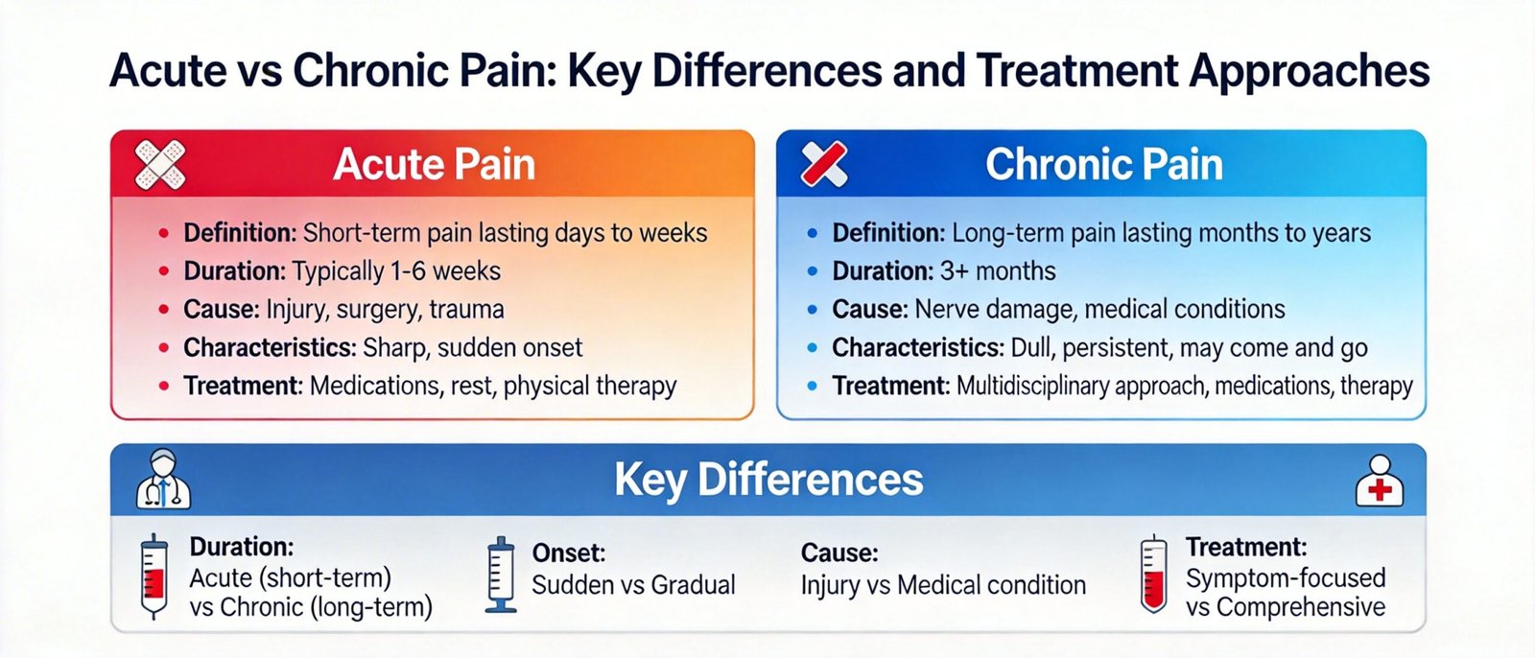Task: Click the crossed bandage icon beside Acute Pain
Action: click(x=160, y=165)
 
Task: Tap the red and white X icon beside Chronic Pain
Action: click(x=824, y=165)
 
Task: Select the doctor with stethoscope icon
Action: click(x=163, y=479)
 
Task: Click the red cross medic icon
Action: click(x=1380, y=482)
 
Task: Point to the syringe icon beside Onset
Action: click(x=501, y=575)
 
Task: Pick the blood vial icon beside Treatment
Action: click(x=1153, y=575)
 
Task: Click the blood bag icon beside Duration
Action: click(x=153, y=576)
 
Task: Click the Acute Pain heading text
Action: click(x=434, y=165)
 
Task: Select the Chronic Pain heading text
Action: click(x=1104, y=165)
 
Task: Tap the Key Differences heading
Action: click(x=768, y=479)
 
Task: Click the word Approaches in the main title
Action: click(x=1310, y=71)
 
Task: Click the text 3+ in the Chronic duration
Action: click(x=954, y=271)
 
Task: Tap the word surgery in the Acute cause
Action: click(x=375, y=310)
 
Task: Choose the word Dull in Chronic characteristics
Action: click(x=1032, y=348)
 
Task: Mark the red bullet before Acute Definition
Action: click(x=164, y=234)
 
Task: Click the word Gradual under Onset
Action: click(x=693, y=585)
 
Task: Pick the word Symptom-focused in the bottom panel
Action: click(x=1286, y=578)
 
